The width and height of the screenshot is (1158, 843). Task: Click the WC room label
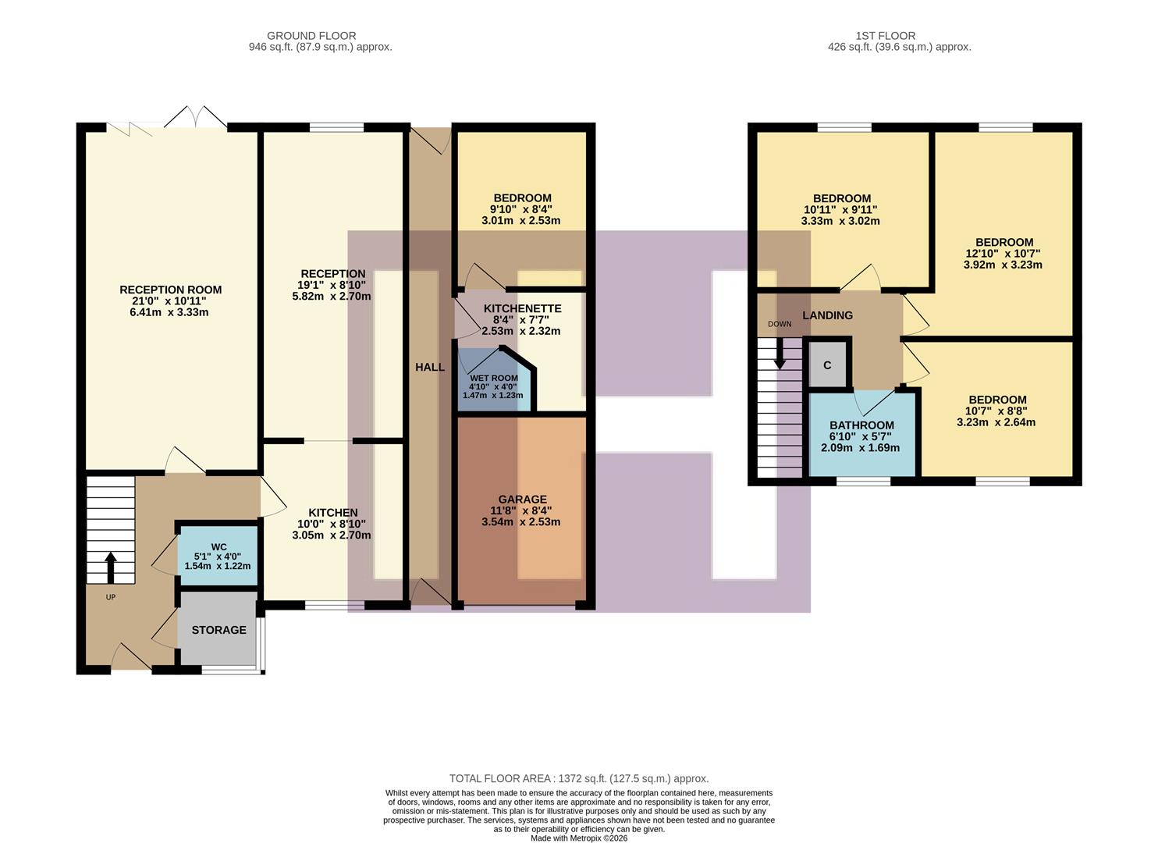point(218,546)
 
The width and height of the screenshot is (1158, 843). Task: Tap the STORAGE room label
point(218,630)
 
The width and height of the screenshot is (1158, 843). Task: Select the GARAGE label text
point(522,500)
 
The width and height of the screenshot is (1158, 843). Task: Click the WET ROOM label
point(493,379)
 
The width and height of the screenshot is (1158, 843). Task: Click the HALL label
point(430,367)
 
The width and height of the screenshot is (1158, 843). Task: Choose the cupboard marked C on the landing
point(827,365)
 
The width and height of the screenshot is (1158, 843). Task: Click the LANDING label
point(827,315)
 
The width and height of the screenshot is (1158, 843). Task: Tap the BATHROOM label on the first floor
point(861,425)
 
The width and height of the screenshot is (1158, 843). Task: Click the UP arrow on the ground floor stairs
point(110,567)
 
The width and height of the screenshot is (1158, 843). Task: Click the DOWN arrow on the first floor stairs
point(779,355)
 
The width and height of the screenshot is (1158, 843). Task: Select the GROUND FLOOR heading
point(311,36)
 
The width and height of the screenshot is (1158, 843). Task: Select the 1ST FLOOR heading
point(885,36)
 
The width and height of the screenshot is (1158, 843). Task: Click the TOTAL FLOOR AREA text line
point(578,778)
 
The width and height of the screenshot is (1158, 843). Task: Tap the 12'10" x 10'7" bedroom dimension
point(1003,254)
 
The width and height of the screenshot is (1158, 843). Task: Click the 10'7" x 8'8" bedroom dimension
point(996,411)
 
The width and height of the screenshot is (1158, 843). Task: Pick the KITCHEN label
point(332,513)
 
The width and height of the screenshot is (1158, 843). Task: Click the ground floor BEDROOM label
point(522,198)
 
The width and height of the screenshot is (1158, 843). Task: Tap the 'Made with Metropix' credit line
point(578,838)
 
